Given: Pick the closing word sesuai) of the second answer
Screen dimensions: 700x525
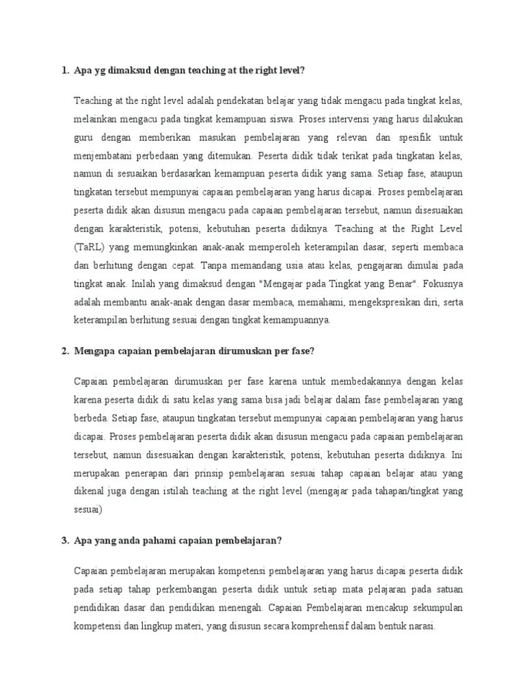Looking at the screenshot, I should [88, 509].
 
